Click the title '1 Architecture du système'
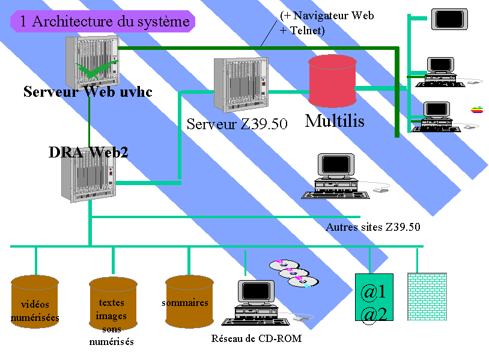tap(103, 22)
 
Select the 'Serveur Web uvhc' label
tap(88, 93)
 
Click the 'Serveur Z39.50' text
tap(237, 124)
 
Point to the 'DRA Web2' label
tap(88, 153)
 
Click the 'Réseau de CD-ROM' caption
tap(256, 339)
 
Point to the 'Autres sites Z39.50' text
tap(372, 227)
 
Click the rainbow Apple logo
tap(477, 110)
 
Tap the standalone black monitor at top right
tap(448, 19)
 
